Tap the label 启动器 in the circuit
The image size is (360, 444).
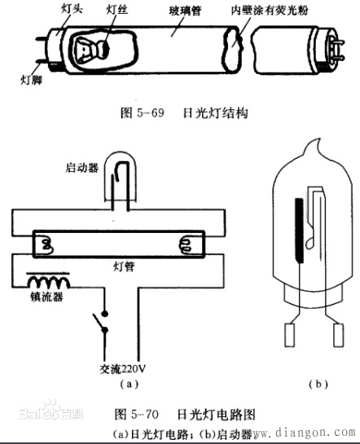tap(81, 169)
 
